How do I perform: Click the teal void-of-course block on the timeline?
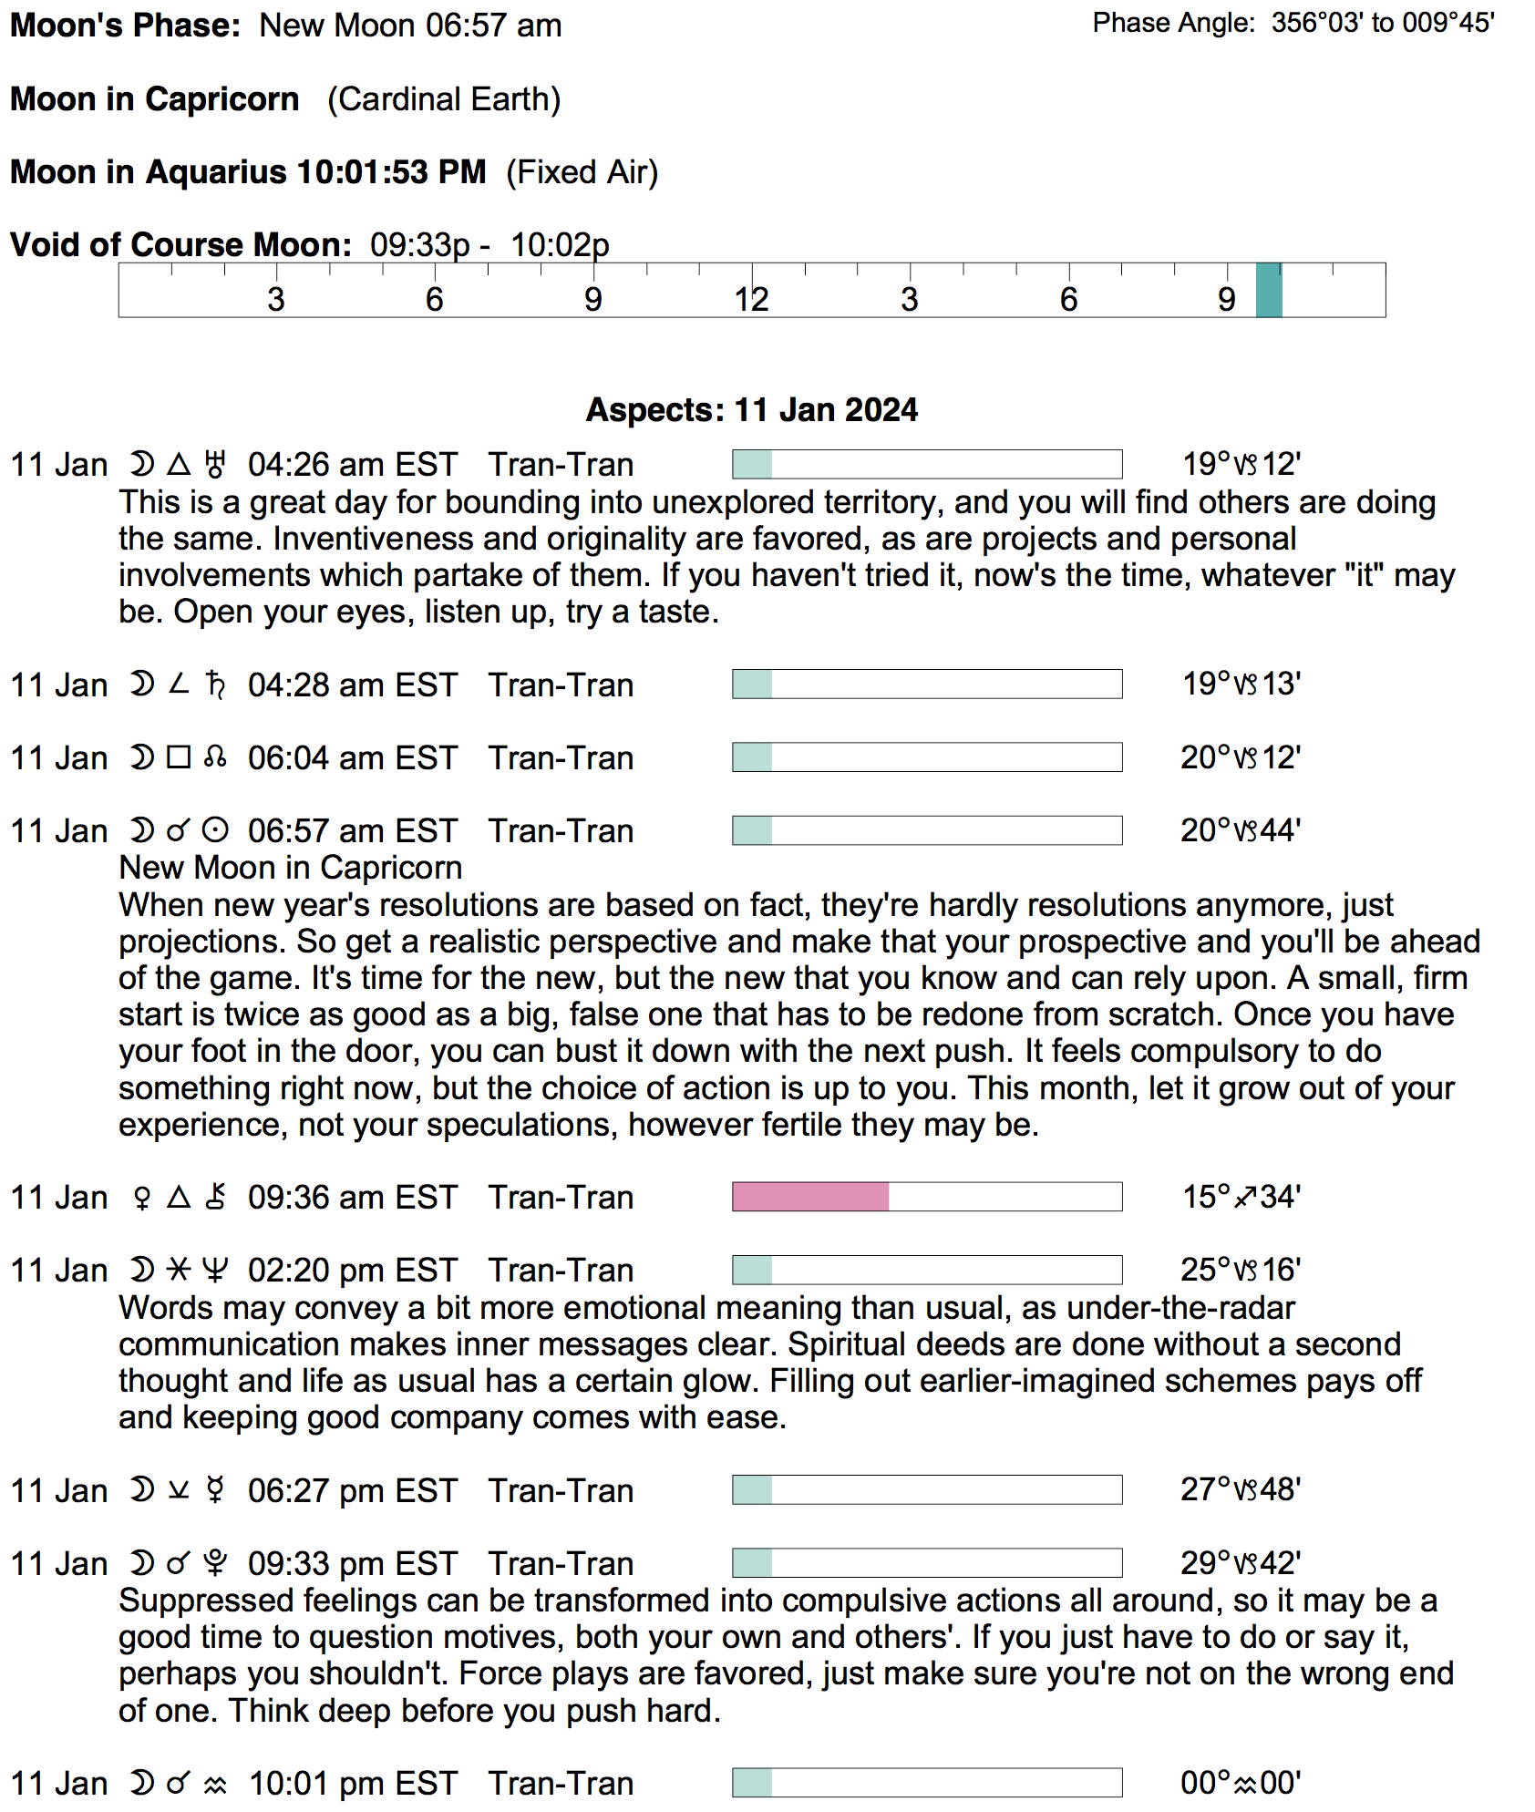point(1268,291)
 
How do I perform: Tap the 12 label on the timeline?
point(751,300)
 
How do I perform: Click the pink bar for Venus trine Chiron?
point(810,1197)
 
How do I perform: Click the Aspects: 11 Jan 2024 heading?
point(751,410)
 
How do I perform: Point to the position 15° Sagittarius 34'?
point(1241,1197)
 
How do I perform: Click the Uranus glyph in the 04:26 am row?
point(215,465)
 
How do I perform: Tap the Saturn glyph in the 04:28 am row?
point(215,685)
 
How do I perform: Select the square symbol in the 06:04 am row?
point(179,757)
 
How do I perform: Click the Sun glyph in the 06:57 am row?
point(215,830)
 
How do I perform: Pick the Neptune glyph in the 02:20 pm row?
point(215,1270)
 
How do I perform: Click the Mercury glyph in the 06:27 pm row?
point(215,1490)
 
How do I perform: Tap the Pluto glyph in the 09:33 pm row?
point(215,1563)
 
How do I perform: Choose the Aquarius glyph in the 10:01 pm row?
point(215,1784)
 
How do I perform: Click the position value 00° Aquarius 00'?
point(1241,1783)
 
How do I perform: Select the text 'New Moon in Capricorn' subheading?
point(291,868)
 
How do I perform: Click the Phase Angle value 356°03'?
point(1317,23)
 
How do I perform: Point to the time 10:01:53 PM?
point(392,172)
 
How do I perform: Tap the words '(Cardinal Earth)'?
point(444,99)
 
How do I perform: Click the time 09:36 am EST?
point(352,1198)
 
